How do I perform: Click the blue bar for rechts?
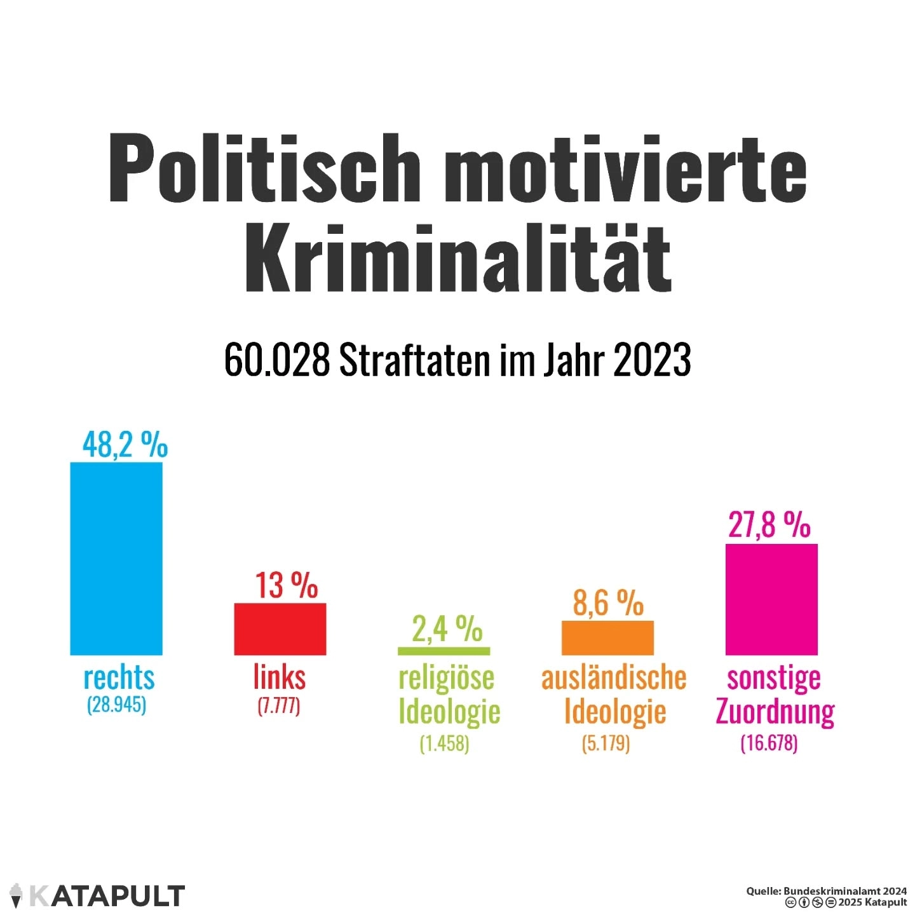pos(116,558)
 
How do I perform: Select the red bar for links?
pos(280,628)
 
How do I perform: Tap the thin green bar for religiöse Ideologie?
pos(444,651)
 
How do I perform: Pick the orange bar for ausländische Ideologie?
pos(607,637)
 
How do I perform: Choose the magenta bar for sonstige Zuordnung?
pos(771,599)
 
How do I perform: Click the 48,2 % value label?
pos(125,444)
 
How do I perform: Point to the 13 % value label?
pos(287,585)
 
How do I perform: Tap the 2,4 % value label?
pos(447,629)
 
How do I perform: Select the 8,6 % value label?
pos(608,602)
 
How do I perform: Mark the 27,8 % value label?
pos(769,525)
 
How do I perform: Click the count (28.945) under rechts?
pos(117,705)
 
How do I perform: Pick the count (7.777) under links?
pos(279,705)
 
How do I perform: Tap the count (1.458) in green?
pos(444,743)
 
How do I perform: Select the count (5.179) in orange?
pos(606,743)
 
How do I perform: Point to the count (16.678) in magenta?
pos(769,743)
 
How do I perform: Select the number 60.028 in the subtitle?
pos(277,360)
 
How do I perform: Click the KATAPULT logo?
pos(98,895)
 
